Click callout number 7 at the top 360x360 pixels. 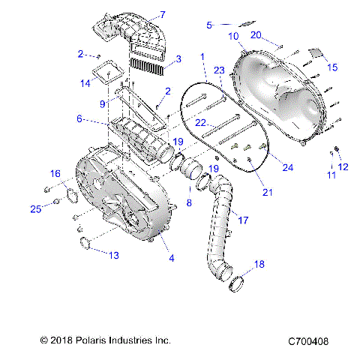162,14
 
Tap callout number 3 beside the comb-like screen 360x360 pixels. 177,58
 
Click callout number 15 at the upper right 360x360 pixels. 333,67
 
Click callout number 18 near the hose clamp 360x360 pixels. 259,264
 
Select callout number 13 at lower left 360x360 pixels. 114,256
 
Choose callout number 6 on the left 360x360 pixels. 79,119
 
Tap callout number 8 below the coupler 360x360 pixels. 188,202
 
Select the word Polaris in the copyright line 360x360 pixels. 99,341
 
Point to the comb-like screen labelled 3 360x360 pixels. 146,60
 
